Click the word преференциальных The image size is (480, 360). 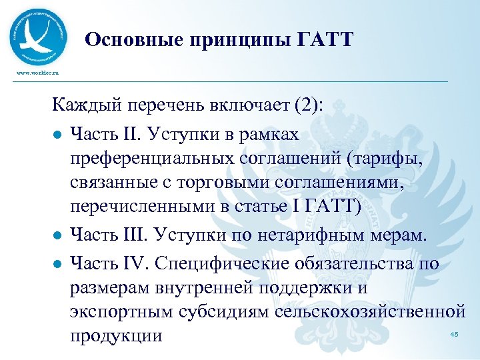[x=151, y=159]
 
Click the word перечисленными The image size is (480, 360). [x=142, y=207]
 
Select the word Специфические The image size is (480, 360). [x=222, y=263]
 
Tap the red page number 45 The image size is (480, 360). [x=455, y=333]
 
